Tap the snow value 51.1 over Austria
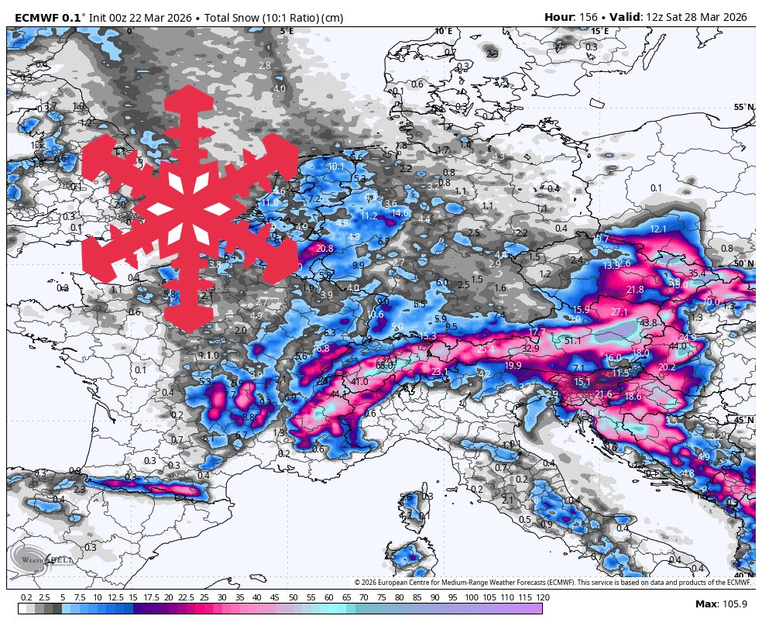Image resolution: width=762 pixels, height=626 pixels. coord(573,340)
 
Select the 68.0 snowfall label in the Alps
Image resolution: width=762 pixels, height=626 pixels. coord(385,365)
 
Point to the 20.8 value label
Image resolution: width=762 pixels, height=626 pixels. coord(324,249)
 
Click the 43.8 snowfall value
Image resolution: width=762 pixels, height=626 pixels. coord(648,322)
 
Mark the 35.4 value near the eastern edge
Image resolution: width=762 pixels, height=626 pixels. coord(697,273)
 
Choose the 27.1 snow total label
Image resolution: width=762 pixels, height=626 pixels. coord(620,311)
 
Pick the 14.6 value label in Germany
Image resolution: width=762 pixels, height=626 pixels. coord(400,212)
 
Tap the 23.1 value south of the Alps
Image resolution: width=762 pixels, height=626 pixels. coord(439,372)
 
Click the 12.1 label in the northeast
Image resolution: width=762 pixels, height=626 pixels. coord(658,229)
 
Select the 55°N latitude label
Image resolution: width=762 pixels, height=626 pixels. coord(743,108)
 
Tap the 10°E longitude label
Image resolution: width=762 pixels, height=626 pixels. coord(443,32)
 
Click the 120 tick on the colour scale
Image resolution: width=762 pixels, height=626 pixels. coord(542,597)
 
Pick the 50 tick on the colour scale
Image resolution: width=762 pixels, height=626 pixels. coord(293,597)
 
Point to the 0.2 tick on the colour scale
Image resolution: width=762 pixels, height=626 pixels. coord(26,597)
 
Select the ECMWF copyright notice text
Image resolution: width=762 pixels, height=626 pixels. coord(553,582)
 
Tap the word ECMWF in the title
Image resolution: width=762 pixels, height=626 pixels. coord(37,17)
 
